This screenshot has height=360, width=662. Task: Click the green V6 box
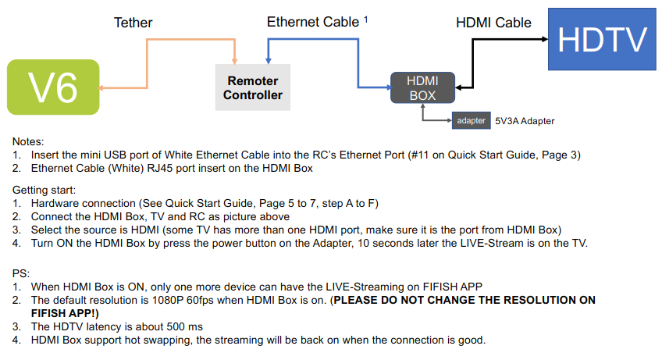click(x=53, y=87)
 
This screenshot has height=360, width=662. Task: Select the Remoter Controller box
click(x=252, y=87)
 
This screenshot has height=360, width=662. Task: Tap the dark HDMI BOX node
click(x=423, y=87)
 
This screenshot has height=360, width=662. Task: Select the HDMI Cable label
click(x=493, y=23)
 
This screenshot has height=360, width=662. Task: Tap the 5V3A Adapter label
click(x=525, y=122)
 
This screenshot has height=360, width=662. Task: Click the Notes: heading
click(x=29, y=142)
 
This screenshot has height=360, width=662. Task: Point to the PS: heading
click(x=21, y=273)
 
